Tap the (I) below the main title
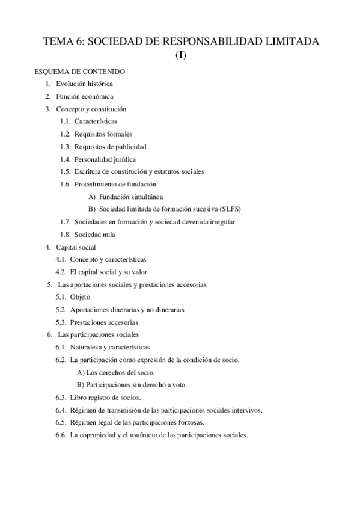click(x=180, y=56)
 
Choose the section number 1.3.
click(x=65, y=147)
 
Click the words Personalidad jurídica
click(x=105, y=159)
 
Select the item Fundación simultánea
click(x=131, y=197)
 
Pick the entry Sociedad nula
click(x=95, y=235)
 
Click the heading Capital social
click(x=76, y=247)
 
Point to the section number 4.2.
click(x=60, y=272)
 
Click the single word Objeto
click(x=80, y=297)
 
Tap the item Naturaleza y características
click(x=110, y=348)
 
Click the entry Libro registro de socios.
click(x=106, y=398)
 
